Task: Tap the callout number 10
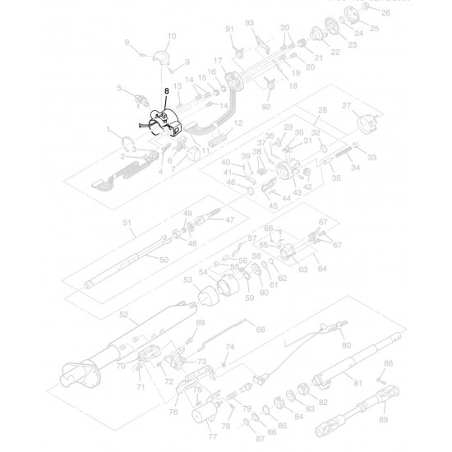tap(172, 36)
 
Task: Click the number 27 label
tap(346, 106)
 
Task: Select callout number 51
tap(127, 223)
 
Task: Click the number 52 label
tap(124, 315)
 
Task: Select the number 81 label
tap(357, 384)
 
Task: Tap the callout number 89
tap(383, 419)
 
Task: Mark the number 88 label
tap(389, 362)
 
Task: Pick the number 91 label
tap(230, 30)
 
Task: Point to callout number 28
tap(322, 110)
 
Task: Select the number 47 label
tap(230, 219)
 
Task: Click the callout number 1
tap(108, 129)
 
